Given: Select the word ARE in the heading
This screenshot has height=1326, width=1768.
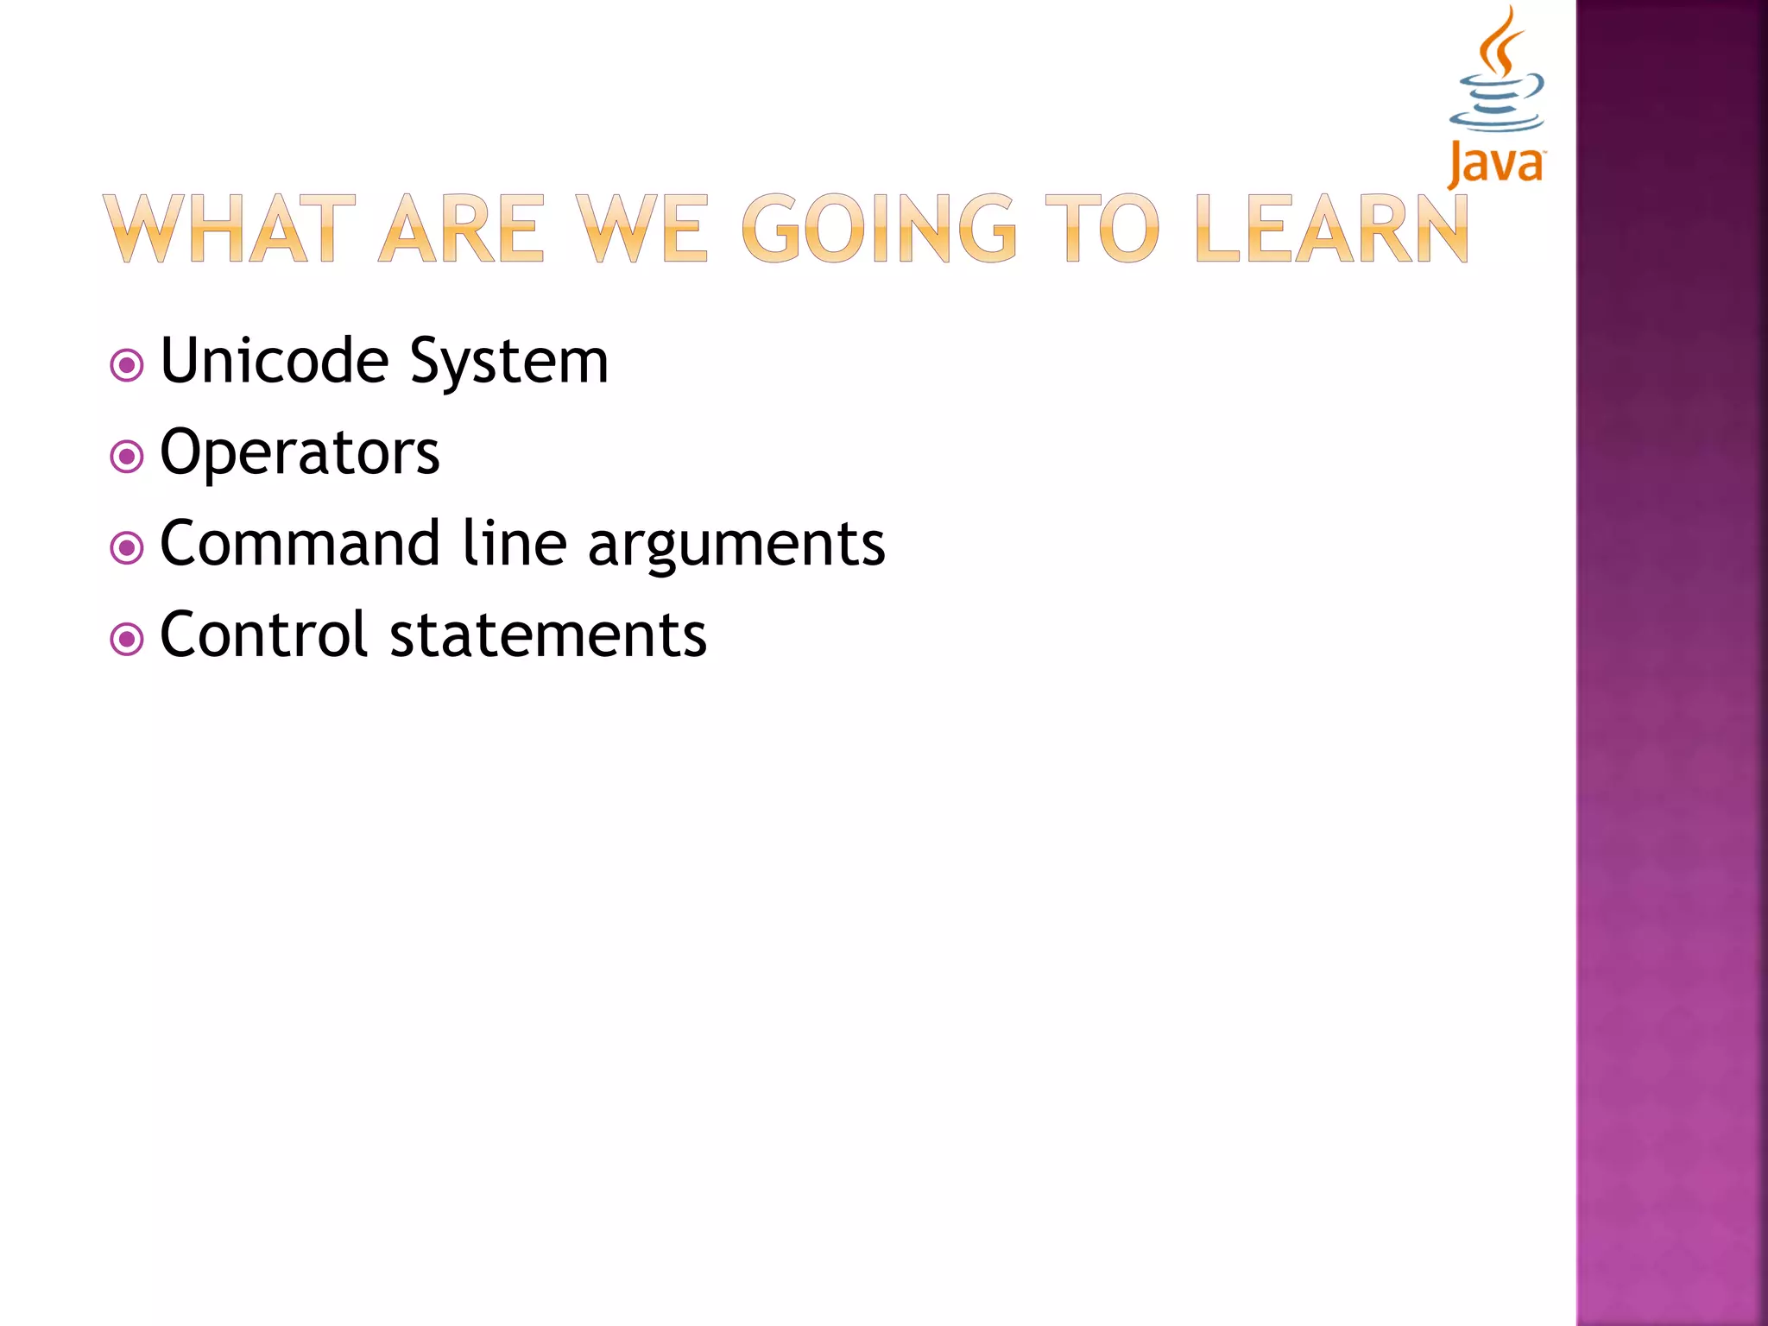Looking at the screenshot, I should (x=462, y=228).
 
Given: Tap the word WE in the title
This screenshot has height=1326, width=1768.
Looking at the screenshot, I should (x=642, y=228).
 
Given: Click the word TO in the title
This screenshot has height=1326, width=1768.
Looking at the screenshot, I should (x=1102, y=228).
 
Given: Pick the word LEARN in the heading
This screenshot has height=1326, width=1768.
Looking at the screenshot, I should (x=1332, y=228).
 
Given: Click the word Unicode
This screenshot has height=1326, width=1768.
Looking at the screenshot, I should (x=275, y=360).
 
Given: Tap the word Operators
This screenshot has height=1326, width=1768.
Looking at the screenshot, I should (x=300, y=452).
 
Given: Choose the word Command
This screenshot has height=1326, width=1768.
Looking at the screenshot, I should (x=300, y=543).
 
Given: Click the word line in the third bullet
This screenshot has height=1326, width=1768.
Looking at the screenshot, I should (x=515, y=543).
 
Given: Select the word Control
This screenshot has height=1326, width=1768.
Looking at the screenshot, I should (x=264, y=635).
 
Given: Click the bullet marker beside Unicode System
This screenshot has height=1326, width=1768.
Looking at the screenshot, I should (x=127, y=365).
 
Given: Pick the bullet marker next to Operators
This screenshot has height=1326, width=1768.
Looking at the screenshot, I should (x=127, y=457).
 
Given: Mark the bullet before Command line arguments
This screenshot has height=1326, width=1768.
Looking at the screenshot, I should (x=127, y=547).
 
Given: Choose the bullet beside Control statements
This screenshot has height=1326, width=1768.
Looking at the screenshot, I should (x=127, y=640).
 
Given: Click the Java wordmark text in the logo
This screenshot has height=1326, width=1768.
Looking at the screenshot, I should (x=1496, y=164).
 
